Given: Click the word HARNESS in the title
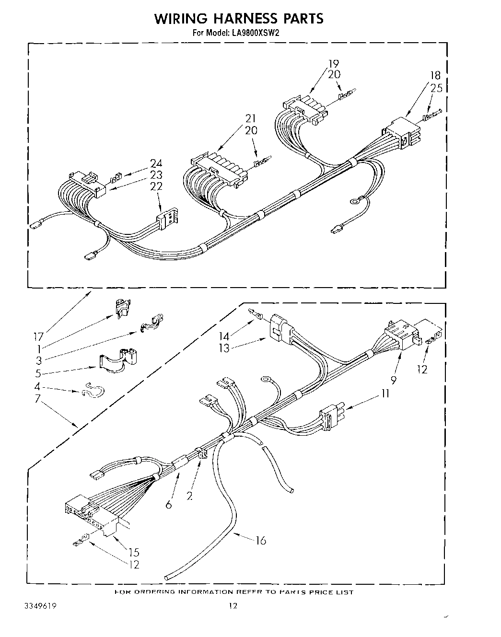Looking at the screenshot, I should pyautogui.click(x=238, y=19).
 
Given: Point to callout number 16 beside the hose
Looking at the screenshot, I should pyautogui.click(x=261, y=541).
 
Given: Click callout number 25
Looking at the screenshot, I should pyautogui.click(x=436, y=88).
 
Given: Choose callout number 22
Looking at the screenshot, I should pyautogui.click(x=156, y=186).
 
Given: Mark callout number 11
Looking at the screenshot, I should pyautogui.click(x=385, y=394).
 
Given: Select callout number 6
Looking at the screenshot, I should pyautogui.click(x=168, y=504).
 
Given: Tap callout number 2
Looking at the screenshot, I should pyautogui.click(x=190, y=496).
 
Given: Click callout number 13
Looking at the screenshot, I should pyautogui.click(x=223, y=348).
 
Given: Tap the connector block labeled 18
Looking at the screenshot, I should pyautogui.click(x=403, y=132).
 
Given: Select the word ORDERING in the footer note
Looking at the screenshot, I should pyautogui.click(x=152, y=592).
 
